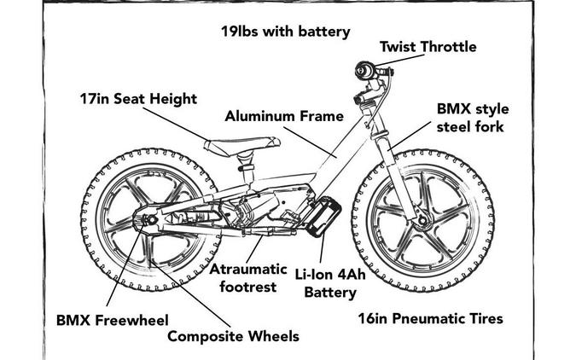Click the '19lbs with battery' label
tap(286, 32)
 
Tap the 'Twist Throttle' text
tap(428, 47)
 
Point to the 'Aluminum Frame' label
tap(284, 116)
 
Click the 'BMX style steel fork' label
tap(470, 119)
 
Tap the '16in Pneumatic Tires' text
tap(428, 319)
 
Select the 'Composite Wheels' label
tap(233, 336)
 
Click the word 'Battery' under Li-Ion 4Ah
tap(330, 293)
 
